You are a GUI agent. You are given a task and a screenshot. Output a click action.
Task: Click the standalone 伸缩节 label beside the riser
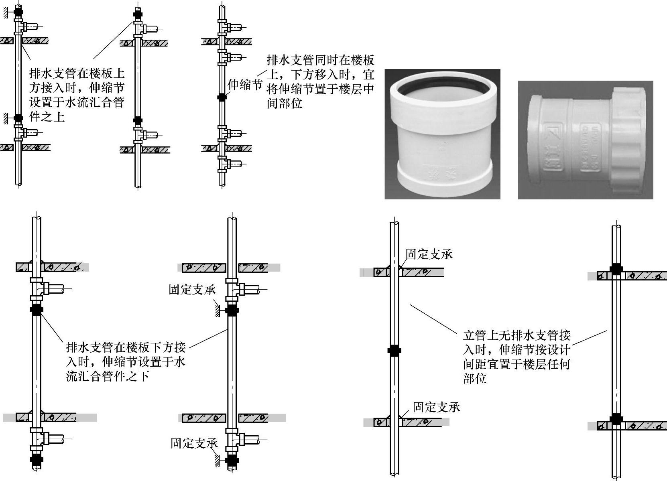click(245, 85)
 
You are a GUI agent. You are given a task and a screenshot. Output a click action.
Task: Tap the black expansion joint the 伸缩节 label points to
click(222, 97)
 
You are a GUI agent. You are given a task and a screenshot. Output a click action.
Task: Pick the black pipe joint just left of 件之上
click(18, 118)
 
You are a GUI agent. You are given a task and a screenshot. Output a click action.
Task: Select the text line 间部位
click(285, 103)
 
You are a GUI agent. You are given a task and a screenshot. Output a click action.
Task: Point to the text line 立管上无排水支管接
click(517, 335)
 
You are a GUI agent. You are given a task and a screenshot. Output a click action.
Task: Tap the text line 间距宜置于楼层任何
click(517, 364)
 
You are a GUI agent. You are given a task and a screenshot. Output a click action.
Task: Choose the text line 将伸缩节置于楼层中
click(320, 89)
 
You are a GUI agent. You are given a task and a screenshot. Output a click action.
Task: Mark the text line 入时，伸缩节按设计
click(517, 350)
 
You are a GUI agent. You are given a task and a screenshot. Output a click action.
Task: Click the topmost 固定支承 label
click(429, 254)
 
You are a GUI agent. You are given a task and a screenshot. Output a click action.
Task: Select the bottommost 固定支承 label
click(194, 443)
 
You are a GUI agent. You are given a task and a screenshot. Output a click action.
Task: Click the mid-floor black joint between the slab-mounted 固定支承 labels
click(395, 350)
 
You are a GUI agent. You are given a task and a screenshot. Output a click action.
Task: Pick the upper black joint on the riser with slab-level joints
click(616, 270)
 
